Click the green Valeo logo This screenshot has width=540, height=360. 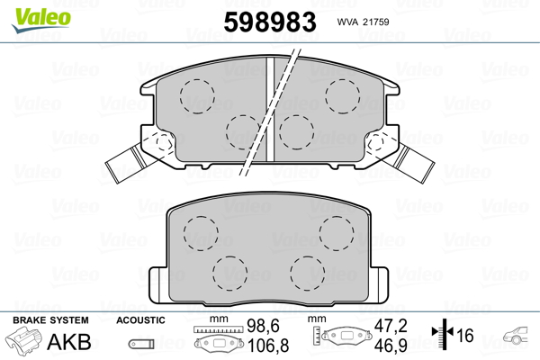[x=41, y=19]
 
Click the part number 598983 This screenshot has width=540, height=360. [x=270, y=22]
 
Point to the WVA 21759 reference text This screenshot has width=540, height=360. [x=363, y=22]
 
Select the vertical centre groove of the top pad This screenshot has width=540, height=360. [x=270, y=109]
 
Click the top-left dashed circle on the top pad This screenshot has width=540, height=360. [x=197, y=96]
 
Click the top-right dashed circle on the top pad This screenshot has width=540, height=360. [x=343, y=96]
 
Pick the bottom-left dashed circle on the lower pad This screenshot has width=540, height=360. [x=230, y=274]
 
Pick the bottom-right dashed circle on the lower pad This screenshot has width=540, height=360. [x=307, y=274]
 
